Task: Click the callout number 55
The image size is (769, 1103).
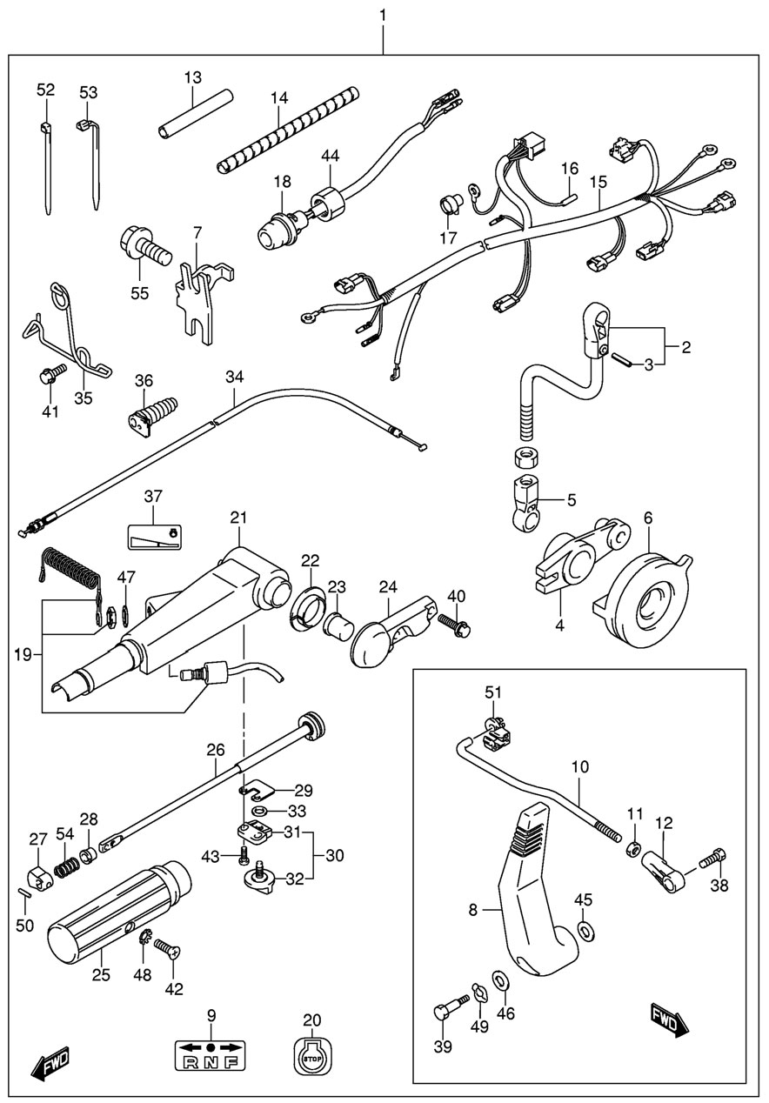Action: (139, 293)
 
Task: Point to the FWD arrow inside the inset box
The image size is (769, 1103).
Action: (670, 1019)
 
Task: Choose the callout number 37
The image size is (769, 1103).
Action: (153, 497)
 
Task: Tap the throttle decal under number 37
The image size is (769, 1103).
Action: (152, 537)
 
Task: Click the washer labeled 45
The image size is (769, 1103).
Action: (587, 932)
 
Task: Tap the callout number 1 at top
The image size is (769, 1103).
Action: (384, 16)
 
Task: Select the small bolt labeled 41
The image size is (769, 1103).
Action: (50, 376)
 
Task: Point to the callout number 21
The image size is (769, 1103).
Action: (238, 518)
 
